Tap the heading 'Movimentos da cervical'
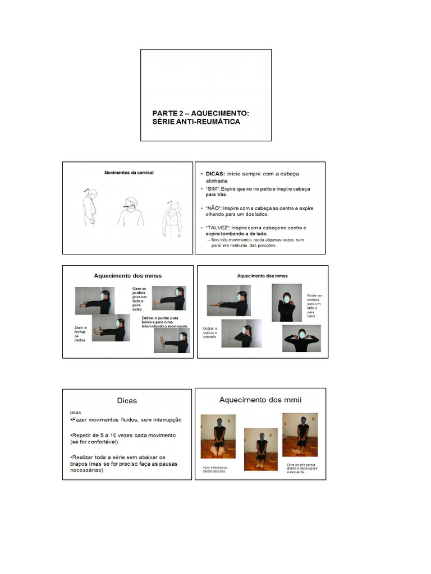(129, 173)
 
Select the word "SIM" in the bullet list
(212, 189)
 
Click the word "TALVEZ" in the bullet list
(216, 228)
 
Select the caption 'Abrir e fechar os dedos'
(81, 334)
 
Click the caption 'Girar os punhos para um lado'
(140, 298)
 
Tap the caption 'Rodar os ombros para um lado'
(314, 305)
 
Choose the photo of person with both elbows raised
(301, 338)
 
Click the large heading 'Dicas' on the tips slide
(127, 400)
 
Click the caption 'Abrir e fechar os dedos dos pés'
(214, 469)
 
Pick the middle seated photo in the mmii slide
(260, 448)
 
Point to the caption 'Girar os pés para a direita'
(301, 468)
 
